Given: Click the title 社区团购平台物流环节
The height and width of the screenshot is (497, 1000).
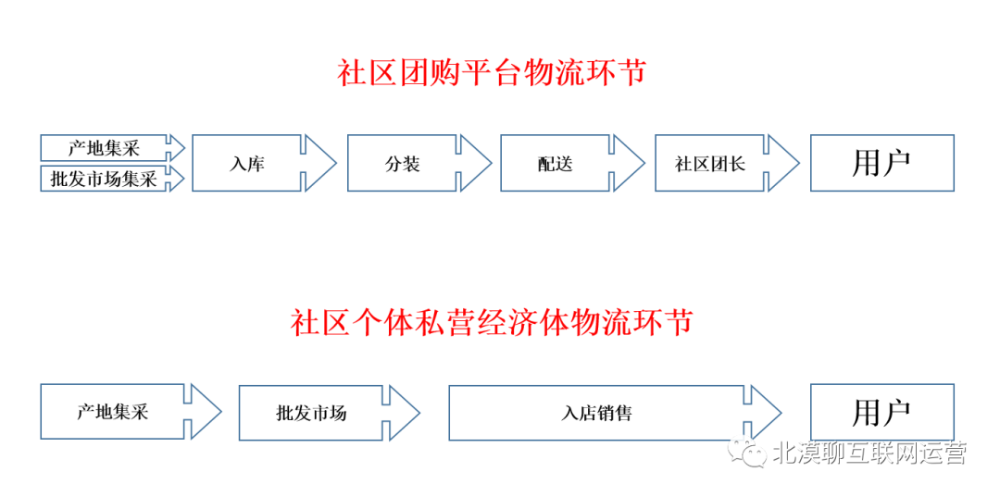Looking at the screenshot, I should tap(491, 73).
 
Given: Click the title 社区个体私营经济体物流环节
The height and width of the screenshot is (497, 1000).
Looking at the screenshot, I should tap(491, 323).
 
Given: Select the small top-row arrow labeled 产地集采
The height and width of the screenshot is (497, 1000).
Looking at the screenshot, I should tap(103, 147).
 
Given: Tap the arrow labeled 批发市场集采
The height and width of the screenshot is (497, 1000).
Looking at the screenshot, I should tap(103, 179).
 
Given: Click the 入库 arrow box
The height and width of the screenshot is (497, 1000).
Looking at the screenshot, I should tap(247, 164).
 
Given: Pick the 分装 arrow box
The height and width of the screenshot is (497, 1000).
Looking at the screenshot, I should tap(403, 164).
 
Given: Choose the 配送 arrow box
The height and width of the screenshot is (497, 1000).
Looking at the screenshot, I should tap(556, 164).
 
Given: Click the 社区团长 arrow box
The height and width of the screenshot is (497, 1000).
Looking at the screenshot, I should tap(710, 164).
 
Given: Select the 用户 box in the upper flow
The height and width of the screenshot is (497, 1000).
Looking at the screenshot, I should tap(881, 164).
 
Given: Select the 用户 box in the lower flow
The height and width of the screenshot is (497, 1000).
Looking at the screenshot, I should tap(881, 413).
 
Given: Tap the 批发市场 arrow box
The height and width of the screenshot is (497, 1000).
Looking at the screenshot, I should tap(311, 413).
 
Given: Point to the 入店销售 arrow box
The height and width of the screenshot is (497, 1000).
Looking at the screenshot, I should tap(596, 413).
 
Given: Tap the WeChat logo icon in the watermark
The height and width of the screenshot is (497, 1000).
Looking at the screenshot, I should tap(748, 453).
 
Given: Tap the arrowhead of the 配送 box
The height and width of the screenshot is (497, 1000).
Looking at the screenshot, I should tap(631, 164).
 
